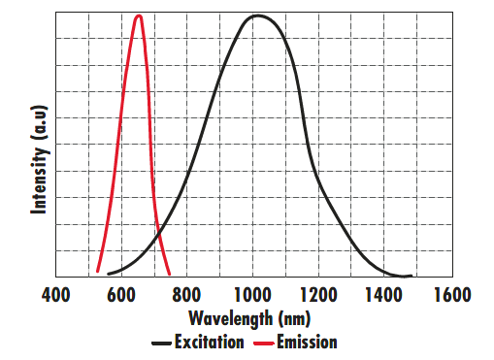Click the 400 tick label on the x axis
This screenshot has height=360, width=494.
point(55,295)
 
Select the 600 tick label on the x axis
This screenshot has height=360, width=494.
point(121,295)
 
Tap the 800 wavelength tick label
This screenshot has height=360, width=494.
point(187,295)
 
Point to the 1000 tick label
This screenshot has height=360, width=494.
point(252,295)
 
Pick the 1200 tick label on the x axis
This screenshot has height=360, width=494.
point(318,295)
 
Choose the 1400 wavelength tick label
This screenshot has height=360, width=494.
point(384,295)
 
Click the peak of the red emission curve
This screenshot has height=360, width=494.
point(140,16)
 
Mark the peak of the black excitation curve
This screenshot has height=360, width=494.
point(256,16)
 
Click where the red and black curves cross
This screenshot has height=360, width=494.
point(158,236)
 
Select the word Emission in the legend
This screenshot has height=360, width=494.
point(307,342)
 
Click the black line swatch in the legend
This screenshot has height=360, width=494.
point(161,343)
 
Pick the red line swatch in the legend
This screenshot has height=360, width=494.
point(263,343)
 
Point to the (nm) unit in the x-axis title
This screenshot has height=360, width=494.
point(294,318)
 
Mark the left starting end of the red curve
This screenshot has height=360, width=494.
point(97,273)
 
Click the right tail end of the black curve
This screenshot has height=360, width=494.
point(412,277)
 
